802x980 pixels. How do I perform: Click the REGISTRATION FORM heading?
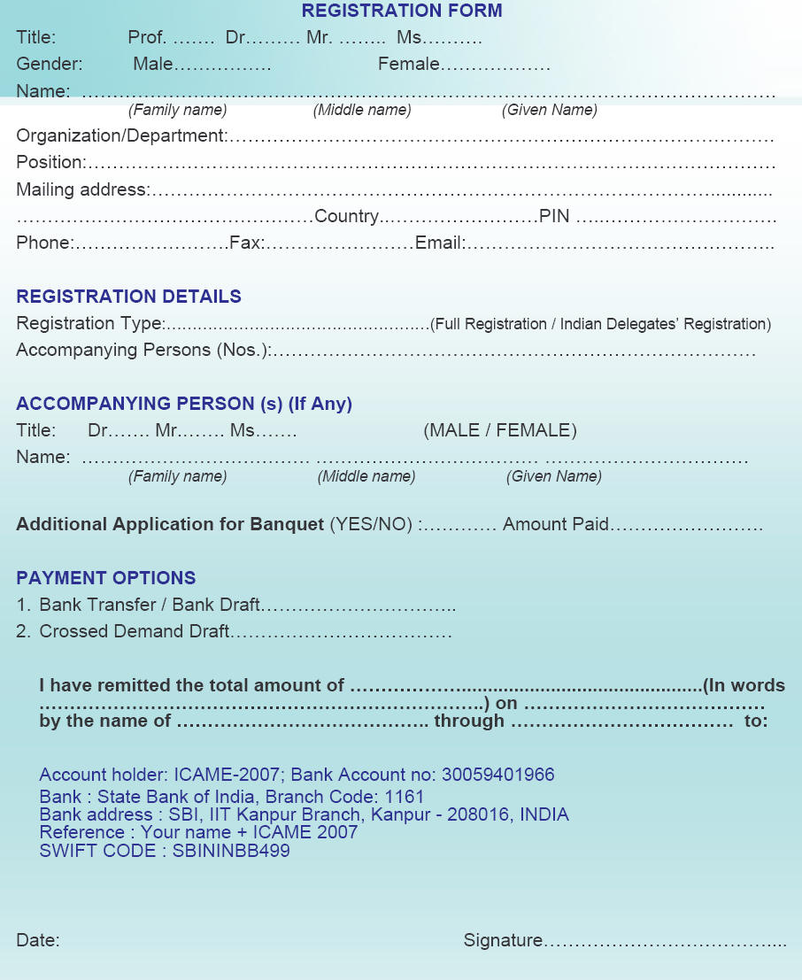(401, 12)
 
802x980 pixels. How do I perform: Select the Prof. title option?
(147, 38)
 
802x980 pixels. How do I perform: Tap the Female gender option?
(408, 65)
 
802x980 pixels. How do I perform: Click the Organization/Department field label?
(121, 136)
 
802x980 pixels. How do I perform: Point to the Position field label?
(50, 163)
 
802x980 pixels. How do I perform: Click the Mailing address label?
(82, 189)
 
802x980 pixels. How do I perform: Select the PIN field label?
(554, 216)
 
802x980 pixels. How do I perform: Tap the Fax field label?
(246, 243)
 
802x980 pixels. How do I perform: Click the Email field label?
(439, 243)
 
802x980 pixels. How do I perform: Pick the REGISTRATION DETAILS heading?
(128, 297)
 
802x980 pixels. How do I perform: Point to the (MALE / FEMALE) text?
(500, 431)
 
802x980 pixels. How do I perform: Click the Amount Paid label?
(555, 525)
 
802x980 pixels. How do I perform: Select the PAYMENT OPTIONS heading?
(106, 578)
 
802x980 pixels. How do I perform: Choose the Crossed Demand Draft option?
(135, 632)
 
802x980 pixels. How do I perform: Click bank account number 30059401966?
(498, 776)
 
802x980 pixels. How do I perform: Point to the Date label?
(37, 941)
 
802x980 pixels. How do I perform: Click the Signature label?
(503, 941)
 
